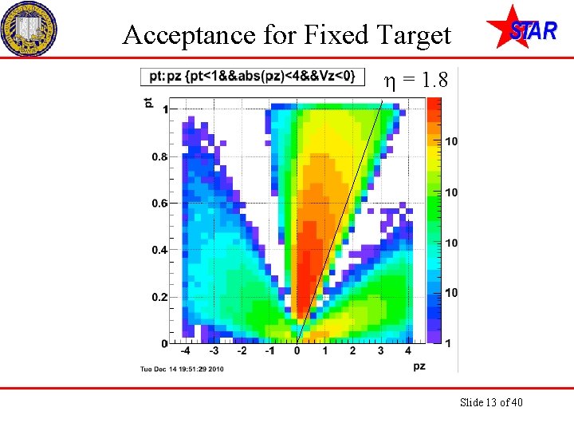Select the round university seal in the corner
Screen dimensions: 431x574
point(29,28)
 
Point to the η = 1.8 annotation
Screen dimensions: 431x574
point(416,80)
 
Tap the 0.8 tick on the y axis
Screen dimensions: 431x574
point(159,157)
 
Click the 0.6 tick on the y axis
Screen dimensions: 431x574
point(159,204)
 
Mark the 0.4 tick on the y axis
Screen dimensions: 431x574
point(159,251)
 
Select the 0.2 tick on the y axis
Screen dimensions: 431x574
point(159,297)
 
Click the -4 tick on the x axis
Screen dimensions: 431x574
point(185,351)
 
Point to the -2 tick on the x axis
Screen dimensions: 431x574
point(242,351)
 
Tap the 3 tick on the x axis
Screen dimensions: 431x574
point(380,351)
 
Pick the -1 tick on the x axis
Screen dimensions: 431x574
point(269,351)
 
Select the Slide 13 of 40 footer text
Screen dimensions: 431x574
point(491,402)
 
